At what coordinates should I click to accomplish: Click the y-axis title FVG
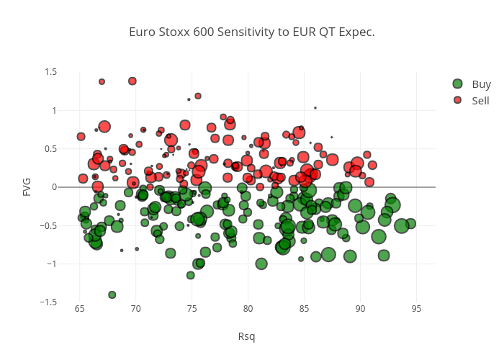(27, 186)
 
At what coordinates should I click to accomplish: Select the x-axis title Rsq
(246, 336)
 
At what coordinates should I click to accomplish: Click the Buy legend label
(481, 84)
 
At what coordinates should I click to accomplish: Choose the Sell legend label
(480, 100)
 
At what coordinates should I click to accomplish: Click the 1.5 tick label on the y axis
(51, 72)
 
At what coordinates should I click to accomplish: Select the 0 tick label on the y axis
(54, 187)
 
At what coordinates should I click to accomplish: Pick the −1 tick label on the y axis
(52, 264)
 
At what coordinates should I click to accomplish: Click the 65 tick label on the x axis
(80, 310)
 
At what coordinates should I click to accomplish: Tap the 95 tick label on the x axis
(416, 310)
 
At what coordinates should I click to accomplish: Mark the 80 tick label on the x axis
(248, 310)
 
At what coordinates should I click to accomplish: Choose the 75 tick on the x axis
(192, 310)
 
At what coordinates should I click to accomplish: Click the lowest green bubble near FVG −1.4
(112, 294)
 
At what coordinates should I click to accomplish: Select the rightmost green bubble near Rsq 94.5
(410, 223)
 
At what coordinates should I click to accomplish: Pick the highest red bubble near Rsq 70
(132, 81)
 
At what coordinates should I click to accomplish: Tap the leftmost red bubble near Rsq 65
(81, 136)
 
